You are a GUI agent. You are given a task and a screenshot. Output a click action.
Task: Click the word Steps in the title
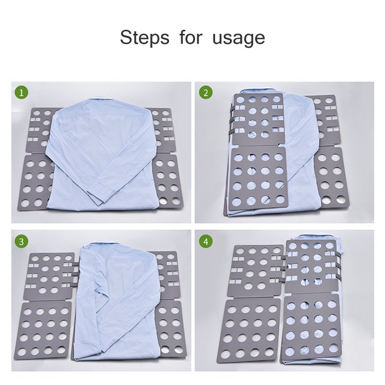coord(145,37)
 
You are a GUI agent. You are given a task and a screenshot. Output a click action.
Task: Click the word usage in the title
coord(239,39)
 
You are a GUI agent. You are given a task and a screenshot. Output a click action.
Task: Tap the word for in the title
coord(191,37)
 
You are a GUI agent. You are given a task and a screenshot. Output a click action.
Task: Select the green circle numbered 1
coord(22,93)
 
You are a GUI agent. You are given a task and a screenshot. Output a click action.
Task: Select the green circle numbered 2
coord(206,92)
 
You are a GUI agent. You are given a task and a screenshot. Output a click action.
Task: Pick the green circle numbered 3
coord(22,242)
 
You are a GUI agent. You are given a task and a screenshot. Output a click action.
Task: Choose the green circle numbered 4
coord(206,242)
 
